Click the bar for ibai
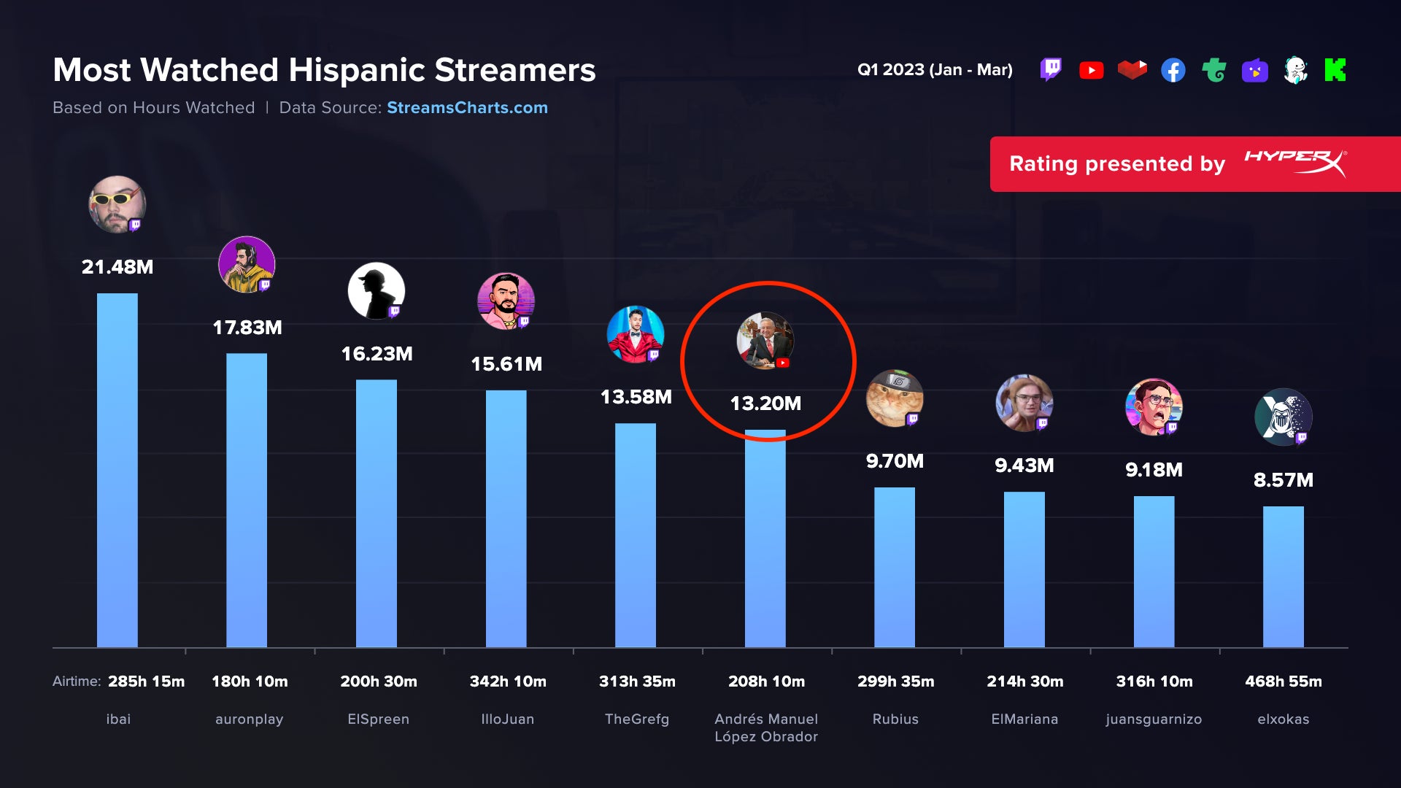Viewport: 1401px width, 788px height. pyautogui.click(x=117, y=471)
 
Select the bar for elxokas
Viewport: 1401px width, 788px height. pyautogui.click(x=1283, y=576)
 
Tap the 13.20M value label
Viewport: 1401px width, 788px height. pyautogui.click(x=765, y=403)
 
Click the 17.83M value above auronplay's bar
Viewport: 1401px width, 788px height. pyautogui.click(x=247, y=328)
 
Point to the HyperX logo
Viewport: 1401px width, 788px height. pyautogui.click(x=1295, y=163)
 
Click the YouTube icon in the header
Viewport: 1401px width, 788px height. pyautogui.click(x=1091, y=70)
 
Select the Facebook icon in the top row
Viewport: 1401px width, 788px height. pyautogui.click(x=1173, y=70)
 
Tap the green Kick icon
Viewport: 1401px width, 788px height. pyautogui.click(x=1335, y=70)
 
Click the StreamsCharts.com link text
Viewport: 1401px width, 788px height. pyautogui.click(x=467, y=108)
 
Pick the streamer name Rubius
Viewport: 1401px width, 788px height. pyautogui.click(x=895, y=719)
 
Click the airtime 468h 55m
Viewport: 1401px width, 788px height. pyautogui.click(x=1283, y=681)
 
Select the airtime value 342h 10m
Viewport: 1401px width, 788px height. pyautogui.click(x=508, y=681)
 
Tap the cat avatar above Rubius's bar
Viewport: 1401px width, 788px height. pyautogui.click(x=894, y=398)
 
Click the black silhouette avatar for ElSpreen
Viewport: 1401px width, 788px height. pyautogui.click(x=376, y=290)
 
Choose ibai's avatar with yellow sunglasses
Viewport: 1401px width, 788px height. pyautogui.click(x=117, y=204)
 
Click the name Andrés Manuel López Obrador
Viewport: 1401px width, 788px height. pyautogui.click(x=766, y=728)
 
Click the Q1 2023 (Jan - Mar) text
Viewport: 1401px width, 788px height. pyautogui.click(x=935, y=70)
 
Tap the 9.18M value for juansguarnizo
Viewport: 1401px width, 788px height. pyautogui.click(x=1154, y=470)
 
